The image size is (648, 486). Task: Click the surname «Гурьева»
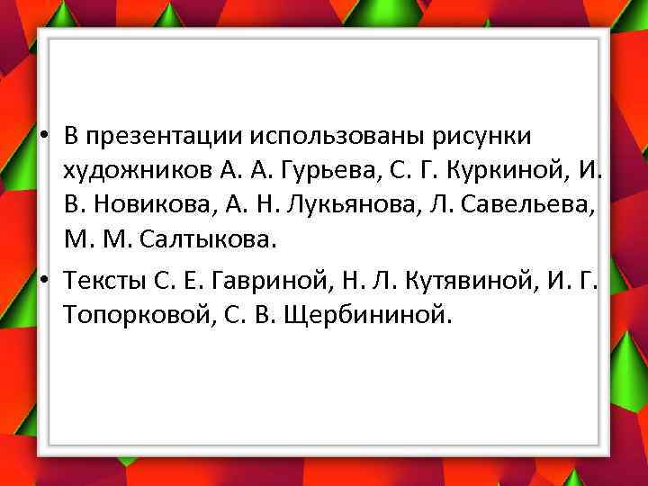[x=319, y=171]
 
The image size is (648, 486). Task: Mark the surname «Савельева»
[x=531, y=206]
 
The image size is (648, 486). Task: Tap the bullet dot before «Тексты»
[x=44, y=281]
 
